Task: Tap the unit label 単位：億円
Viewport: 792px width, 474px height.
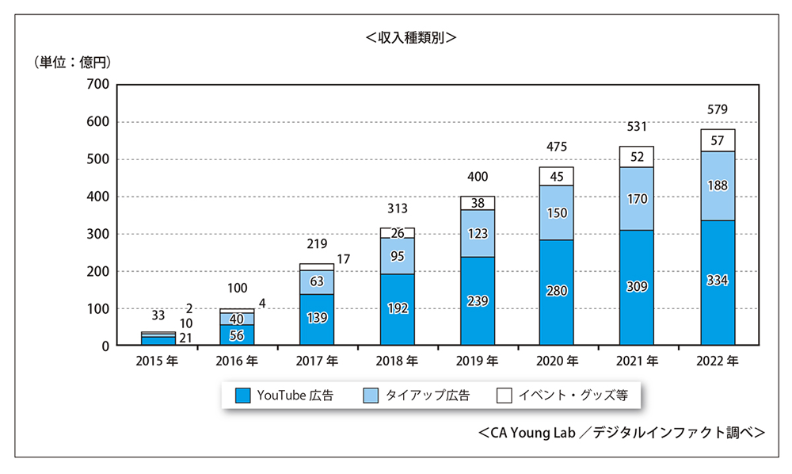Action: (x=70, y=61)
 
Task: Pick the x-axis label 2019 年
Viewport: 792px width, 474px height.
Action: (x=477, y=361)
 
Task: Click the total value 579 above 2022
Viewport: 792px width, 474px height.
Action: (x=717, y=109)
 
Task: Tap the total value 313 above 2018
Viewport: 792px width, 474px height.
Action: (x=398, y=208)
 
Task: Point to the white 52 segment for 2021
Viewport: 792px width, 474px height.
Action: (x=636, y=157)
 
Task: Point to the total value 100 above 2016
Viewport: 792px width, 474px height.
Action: (x=238, y=289)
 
